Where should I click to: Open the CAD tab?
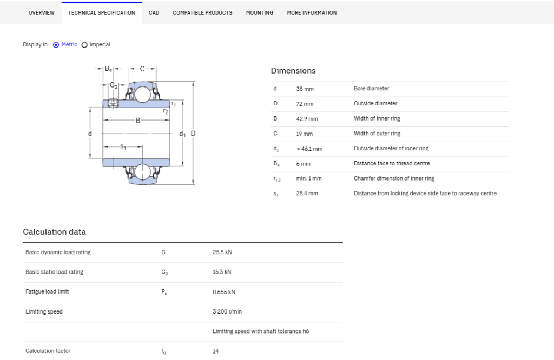(x=154, y=13)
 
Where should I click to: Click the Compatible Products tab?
(x=202, y=13)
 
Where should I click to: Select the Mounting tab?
(x=259, y=13)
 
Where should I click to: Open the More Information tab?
(x=312, y=13)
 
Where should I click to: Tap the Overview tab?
(x=41, y=13)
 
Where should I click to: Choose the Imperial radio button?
(x=84, y=45)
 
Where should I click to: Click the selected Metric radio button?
(x=56, y=45)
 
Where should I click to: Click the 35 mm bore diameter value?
(x=305, y=89)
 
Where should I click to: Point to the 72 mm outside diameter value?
(x=305, y=104)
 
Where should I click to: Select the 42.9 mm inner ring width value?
(x=307, y=119)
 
